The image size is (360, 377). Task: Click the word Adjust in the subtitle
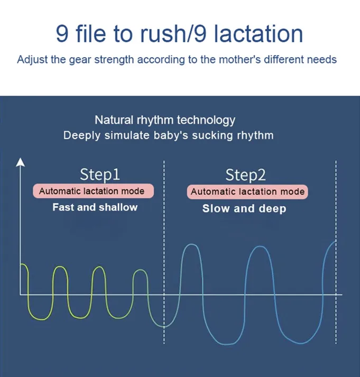tap(33, 59)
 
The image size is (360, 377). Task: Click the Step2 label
tap(246, 174)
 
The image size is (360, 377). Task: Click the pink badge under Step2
tap(247, 191)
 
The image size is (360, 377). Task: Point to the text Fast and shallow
tap(95, 207)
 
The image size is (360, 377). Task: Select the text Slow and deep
tap(244, 208)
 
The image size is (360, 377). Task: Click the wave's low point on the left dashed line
tap(164, 327)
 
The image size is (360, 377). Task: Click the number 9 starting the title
tap(62, 33)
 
